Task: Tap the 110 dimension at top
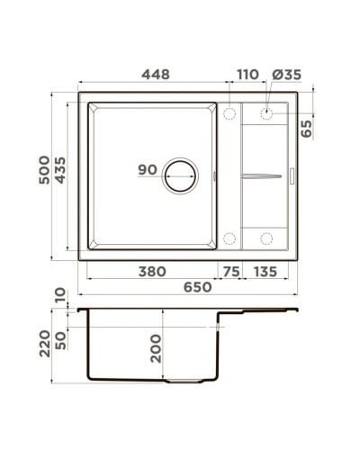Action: [247, 77]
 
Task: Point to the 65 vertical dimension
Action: [307, 126]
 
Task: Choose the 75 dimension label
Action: [231, 271]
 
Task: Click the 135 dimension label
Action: [265, 271]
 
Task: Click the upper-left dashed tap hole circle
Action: [229, 114]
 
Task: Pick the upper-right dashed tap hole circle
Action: [266, 114]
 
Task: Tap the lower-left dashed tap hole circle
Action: [229, 238]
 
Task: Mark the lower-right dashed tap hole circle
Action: [266, 238]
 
